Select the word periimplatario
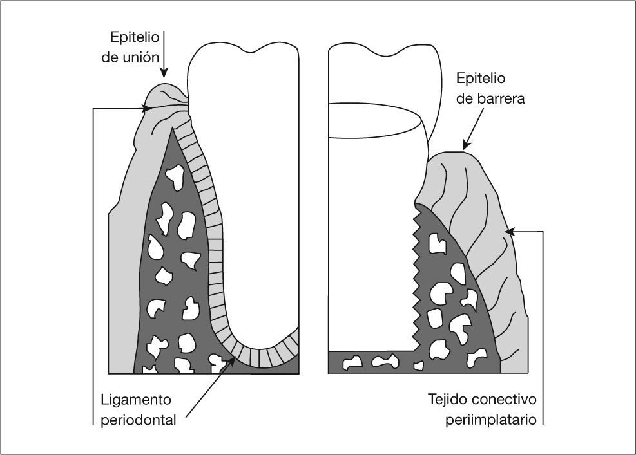[491, 420]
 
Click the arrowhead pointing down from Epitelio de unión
[164, 73]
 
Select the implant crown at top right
[380, 77]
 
